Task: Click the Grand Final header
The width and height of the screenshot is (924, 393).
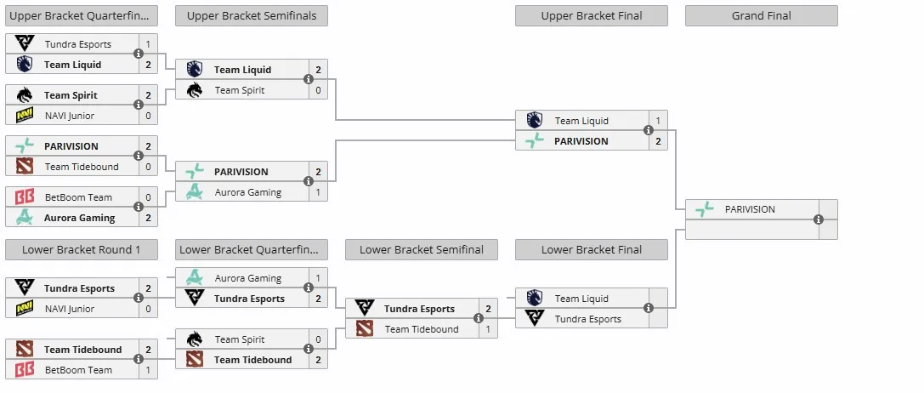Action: (761, 16)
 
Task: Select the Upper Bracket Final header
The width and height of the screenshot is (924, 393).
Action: (591, 16)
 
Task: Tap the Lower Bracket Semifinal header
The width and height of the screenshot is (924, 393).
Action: (422, 249)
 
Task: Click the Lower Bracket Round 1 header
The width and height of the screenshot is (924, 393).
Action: (82, 249)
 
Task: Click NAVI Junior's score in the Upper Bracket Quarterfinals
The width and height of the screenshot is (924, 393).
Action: (148, 116)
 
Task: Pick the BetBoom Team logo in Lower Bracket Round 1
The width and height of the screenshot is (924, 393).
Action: (24, 370)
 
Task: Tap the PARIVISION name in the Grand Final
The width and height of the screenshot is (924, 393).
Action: (750, 209)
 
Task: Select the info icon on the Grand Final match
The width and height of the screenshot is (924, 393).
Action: (819, 219)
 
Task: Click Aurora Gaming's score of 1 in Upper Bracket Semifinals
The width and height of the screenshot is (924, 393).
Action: (318, 192)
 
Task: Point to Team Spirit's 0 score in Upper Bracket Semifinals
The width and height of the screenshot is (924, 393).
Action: (318, 90)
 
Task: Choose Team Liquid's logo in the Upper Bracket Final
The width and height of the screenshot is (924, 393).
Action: (535, 121)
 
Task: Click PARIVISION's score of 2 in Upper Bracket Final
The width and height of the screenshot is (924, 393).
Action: (658, 141)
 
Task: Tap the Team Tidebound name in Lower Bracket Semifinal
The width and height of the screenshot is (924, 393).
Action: (422, 329)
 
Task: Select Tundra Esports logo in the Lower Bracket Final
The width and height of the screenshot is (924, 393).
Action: (535, 319)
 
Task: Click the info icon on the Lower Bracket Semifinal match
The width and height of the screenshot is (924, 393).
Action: (479, 319)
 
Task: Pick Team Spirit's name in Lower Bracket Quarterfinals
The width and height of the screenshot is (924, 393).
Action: (239, 339)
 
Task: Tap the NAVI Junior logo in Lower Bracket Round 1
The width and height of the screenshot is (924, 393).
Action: (24, 308)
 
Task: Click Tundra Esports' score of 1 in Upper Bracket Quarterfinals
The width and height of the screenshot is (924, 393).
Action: (148, 44)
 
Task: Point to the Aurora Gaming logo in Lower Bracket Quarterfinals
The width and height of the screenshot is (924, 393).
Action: (194, 277)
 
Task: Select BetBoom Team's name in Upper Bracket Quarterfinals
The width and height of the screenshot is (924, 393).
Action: (78, 197)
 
